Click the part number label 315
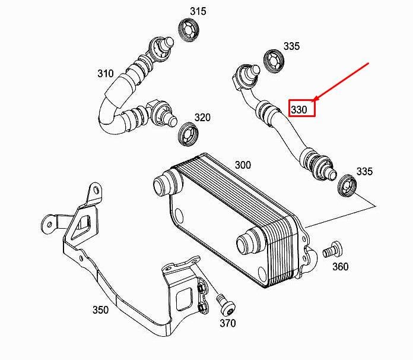coord(198,11)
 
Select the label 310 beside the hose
coord(105,73)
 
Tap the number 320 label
coord(202,118)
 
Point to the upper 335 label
coord(291,46)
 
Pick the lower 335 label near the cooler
coord(364,172)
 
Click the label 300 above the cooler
coord(243,165)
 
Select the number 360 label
coord(340,267)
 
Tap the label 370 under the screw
coord(227,323)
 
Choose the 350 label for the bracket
coord(100,309)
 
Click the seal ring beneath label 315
coord(189,29)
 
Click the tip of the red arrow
coord(314,100)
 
